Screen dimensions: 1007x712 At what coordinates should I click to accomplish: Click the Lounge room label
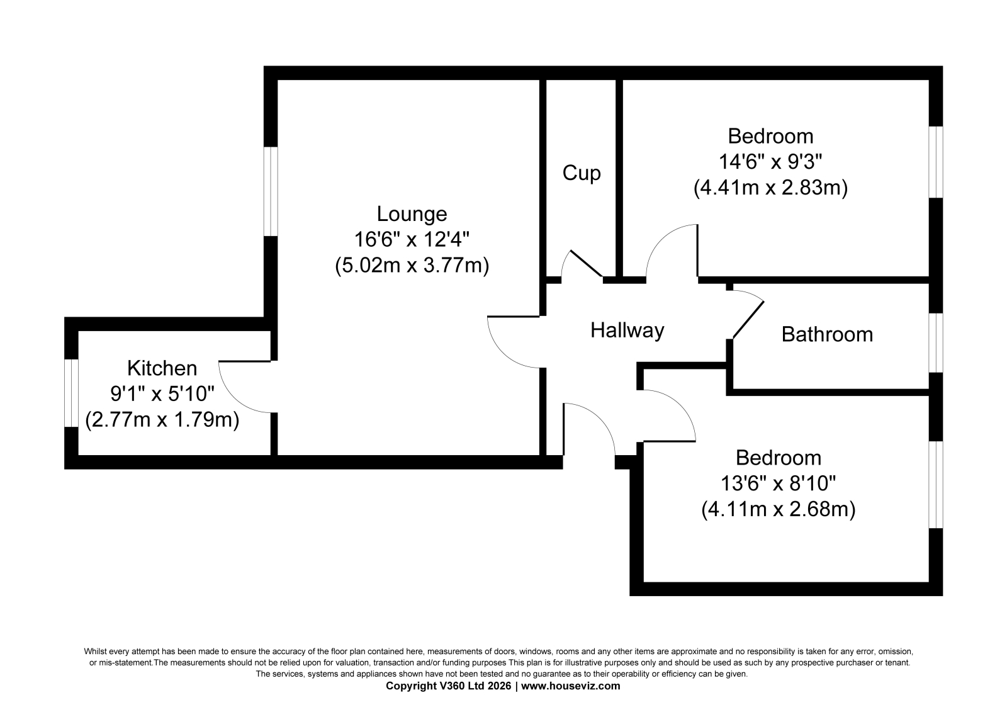(x=412, y=214)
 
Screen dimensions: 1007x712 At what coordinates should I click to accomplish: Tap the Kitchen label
(x=162, y=368)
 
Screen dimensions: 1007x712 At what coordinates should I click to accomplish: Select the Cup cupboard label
(x=582, y=174)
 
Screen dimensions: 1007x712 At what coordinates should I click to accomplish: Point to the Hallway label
(x=627, y=331)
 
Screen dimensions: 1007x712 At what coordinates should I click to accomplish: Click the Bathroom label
(x=827, y=335)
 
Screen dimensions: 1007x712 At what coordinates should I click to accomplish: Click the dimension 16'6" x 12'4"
(x=412, y=239)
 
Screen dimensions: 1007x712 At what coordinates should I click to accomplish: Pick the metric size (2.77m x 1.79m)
(x=162, y=420)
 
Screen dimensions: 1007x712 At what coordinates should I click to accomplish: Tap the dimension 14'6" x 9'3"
(x=770, y=161)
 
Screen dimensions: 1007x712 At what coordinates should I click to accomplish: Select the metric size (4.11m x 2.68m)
(x=778, y=509)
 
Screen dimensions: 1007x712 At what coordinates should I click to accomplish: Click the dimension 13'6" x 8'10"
(x=778, y=484)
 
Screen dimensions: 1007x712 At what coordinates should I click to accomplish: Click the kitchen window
(x=72, y=393)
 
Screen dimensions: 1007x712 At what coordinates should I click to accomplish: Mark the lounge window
(x=271, y=191)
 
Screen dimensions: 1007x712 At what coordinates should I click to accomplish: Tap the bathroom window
(x=936, y=342)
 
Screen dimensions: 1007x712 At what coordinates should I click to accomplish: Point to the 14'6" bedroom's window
(x=936, y=162)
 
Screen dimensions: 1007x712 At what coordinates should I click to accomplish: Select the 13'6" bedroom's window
(x=936, y=484)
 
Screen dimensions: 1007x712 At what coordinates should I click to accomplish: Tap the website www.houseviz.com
(x=570, y=686)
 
